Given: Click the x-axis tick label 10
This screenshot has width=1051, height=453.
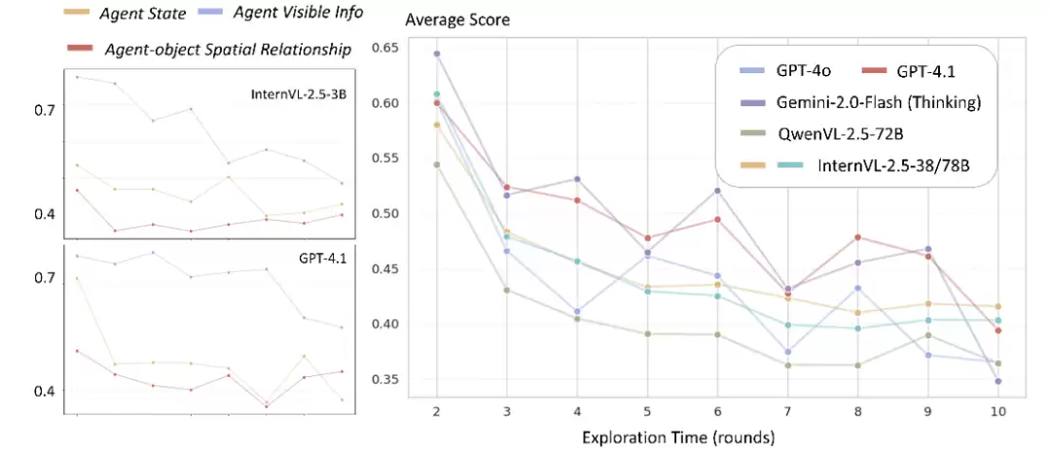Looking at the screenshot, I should tap(997, 411).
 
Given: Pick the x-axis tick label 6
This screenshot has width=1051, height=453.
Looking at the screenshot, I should tap(716, 411).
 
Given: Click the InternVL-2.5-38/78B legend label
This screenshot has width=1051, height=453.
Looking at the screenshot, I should tap(893, 165).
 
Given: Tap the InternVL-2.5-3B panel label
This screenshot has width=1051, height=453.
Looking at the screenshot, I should tap(299, 94).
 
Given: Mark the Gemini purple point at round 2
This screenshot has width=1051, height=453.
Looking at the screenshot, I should tap(436, 53).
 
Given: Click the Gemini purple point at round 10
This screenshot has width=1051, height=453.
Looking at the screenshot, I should tap(997, 381).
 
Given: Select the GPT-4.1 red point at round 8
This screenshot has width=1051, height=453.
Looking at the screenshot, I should tap(857, 237).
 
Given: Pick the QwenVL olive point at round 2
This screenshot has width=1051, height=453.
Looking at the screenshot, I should tap(436, 164).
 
